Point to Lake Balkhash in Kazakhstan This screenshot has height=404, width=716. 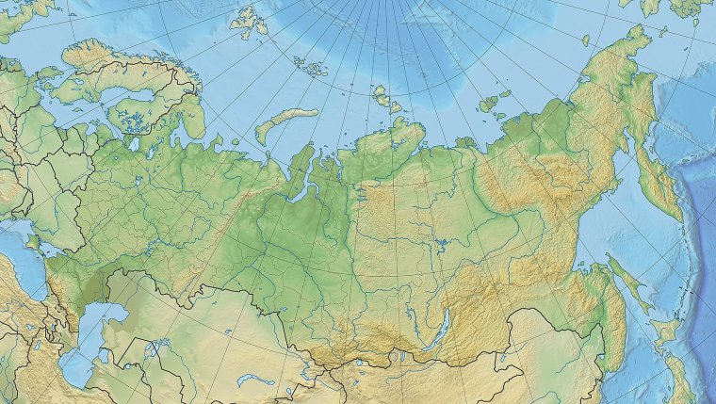coord(255,380)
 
